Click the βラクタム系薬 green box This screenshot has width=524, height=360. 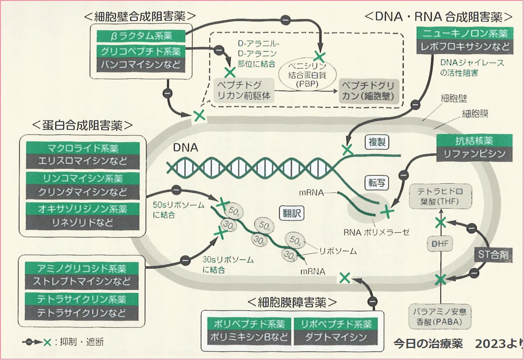141,36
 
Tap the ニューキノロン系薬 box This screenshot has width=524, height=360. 465,33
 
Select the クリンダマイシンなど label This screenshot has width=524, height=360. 82,192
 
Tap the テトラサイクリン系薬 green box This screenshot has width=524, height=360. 82,299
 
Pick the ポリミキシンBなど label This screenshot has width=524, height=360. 250,337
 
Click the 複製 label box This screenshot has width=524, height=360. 377,142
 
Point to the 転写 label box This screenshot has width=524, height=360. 376,183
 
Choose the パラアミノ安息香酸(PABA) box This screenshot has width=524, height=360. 439,316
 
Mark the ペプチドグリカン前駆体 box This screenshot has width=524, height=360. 244,90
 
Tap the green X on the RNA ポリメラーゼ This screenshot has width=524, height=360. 388,212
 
